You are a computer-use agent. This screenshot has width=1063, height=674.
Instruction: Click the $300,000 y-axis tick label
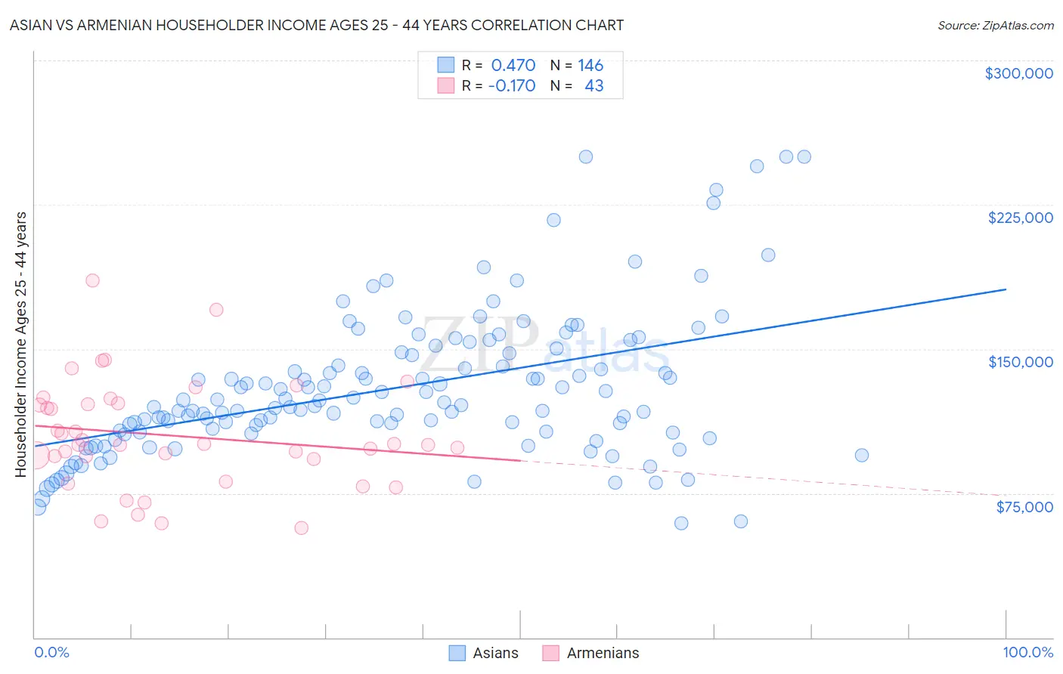[x=1018, y=73]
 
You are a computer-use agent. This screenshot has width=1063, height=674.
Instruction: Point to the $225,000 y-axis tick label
[x=1020, y=218]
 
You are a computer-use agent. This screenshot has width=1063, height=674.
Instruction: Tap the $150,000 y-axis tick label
[x=1020, y=362]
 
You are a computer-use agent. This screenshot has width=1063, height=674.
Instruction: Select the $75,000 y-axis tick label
[x=1024, y=507]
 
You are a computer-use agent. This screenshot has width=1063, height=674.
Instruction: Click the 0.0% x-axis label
[x=51, y=652]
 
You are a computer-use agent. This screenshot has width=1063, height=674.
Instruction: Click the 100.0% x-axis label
[x=1027, y=652]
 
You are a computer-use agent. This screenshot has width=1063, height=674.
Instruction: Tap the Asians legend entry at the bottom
[x=484, y=653]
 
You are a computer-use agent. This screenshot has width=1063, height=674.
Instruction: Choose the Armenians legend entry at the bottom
[x=591, y=653]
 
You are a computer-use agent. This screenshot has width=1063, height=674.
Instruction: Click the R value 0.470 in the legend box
[x=513, y=66]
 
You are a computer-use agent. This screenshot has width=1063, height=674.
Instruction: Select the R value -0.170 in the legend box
[x=512, y=86]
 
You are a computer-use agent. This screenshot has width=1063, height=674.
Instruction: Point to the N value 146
[x=590, y=66]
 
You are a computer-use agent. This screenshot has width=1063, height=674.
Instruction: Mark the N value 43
[x=594, y=86]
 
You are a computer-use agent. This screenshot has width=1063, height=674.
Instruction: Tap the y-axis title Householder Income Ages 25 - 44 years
[x=20, y=345]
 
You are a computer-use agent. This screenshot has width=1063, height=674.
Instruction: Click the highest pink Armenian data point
[x=92, y=280]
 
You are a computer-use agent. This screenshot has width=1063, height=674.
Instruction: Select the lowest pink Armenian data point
[x=301, y=528]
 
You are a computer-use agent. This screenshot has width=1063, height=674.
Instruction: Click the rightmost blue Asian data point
[x=861, y=455]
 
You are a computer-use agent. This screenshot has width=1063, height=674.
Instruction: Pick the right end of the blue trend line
[x=1006, y=289]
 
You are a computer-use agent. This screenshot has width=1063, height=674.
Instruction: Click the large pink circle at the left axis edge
[x=36, y=456]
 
